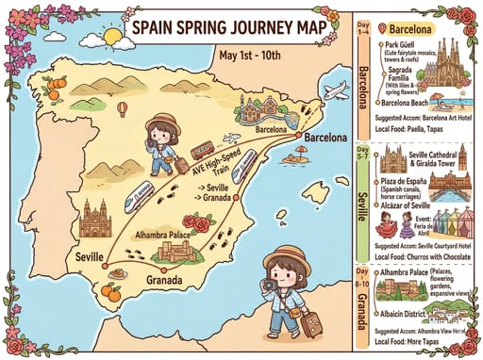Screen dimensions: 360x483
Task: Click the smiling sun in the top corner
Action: (112, 37)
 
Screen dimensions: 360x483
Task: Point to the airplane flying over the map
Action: (335, 91)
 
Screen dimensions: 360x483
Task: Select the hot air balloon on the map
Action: (122, 109)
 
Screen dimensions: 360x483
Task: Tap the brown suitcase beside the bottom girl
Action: (312, 323)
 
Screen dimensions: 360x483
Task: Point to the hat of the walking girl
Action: (165, 123)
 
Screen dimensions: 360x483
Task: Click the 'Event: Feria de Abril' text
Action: (426, 221)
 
